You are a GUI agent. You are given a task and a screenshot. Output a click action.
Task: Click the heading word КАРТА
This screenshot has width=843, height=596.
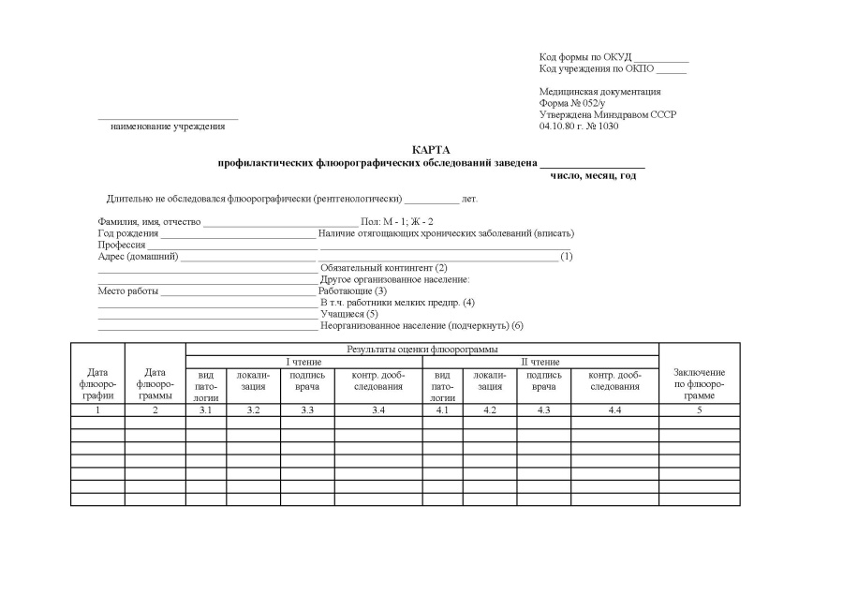point(431,150)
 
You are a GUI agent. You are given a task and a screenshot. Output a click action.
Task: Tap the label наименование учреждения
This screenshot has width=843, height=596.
point(168,126)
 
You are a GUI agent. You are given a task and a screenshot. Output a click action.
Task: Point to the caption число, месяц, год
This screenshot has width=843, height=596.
point(593,175)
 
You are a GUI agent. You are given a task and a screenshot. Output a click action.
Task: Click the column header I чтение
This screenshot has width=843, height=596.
point(303,361)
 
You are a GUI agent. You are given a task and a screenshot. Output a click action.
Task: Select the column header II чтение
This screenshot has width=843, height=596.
point(540,361)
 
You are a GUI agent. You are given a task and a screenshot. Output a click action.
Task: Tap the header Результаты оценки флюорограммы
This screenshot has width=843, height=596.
point(421,349)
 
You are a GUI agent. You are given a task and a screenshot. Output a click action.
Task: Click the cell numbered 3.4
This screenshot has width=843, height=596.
point(378,410)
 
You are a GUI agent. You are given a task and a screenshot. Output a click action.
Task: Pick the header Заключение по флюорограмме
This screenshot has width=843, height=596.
point(699,384)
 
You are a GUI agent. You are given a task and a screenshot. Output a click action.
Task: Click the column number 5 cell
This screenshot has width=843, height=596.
point(699,410)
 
